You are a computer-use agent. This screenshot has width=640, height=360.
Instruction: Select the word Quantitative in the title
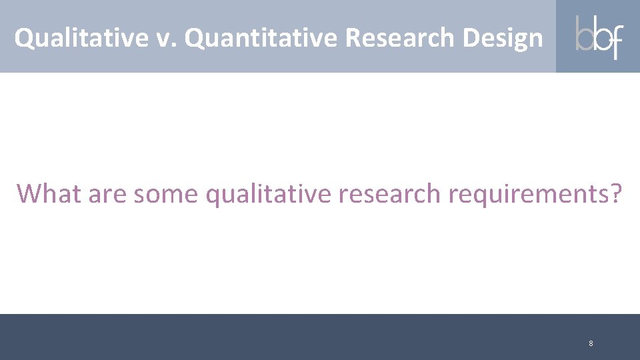tap(261, 38)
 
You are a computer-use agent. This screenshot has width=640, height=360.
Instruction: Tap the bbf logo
tap(599, 37)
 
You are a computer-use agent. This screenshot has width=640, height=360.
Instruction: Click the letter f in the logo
tap(615, 40)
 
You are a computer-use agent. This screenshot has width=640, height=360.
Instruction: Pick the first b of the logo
tap(583, 35)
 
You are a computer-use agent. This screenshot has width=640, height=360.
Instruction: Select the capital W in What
tap(30, 193)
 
